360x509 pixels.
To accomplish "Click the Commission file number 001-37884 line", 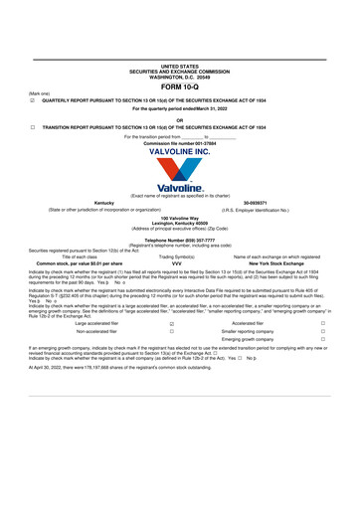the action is coord(180,142).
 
